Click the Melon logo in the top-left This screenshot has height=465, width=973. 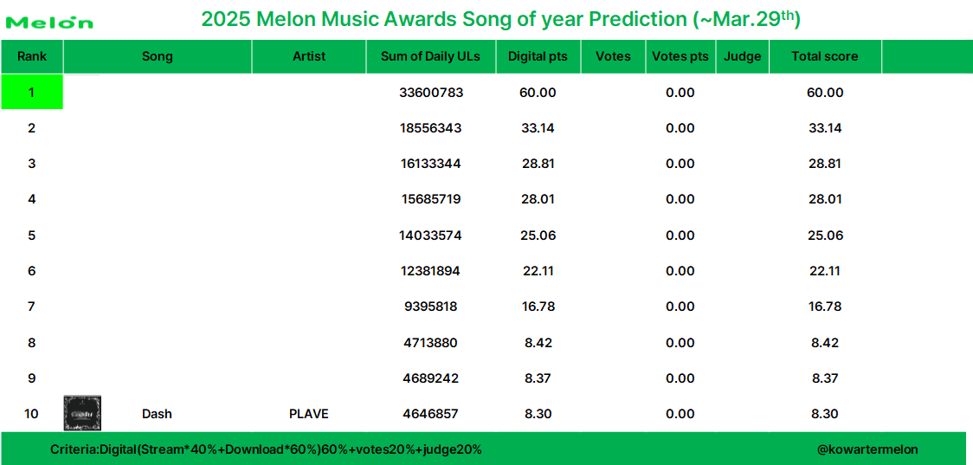[x=49, y=23]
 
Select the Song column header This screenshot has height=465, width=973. [x=158, y=56]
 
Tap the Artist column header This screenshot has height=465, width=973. [x=309, y=56]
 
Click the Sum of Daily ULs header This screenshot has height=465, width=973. [x=430, y=56]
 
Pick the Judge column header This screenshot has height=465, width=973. [x=742, y=56]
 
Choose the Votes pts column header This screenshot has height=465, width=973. [x=680, y=56]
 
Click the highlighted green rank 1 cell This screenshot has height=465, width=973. [x=32, y=92]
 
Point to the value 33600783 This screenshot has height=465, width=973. [x=431, y=93]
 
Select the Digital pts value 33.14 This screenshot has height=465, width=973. [x=538, y=128]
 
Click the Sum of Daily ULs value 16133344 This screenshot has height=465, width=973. [x=430, y=164]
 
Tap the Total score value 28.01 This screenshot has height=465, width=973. [x=825, y=199]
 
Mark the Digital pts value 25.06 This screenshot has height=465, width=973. [x=538, y=236]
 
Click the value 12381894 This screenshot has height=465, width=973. [x=430, y=271]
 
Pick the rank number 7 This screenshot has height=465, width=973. [x=32, y=307]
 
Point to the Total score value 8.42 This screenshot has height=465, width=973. [x=825, y=342]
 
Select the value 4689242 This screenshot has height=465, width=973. [x=430, y=378]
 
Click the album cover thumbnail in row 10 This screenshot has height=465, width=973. [x=82, y=413]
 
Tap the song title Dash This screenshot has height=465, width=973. [x=157, y=413]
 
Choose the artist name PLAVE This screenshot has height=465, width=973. [x=309, y=413]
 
